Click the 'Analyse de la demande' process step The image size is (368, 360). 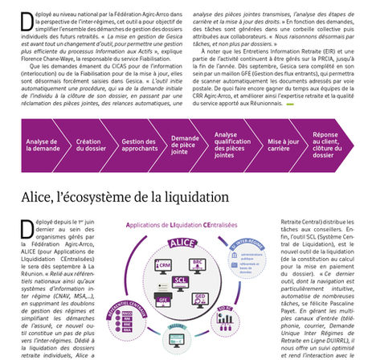point(42,145)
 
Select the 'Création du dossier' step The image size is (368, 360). point(88,145)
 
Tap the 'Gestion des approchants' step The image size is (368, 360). point(137,145)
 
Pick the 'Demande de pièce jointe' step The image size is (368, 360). point(186,145)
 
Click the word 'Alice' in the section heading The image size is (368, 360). point(43,196)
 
